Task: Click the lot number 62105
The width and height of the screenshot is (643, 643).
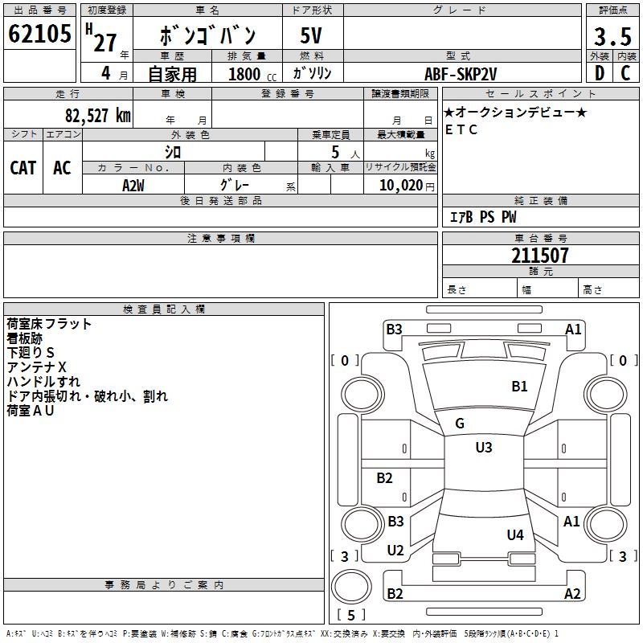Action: coord(39,35)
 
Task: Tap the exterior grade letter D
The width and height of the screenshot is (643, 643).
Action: coord(599,72)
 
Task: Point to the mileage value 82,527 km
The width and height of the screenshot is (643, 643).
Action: coord(97,116)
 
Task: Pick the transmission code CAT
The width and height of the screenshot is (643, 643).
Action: coord(23,168)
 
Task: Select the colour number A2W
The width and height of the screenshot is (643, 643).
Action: coord(133,185)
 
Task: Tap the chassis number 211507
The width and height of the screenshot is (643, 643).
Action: coord(540,256)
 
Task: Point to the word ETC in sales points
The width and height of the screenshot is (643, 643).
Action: coord(461,129)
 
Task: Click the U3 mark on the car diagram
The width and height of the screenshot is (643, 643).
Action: coord(483,448)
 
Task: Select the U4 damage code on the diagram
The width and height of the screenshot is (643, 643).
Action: coord(515,534)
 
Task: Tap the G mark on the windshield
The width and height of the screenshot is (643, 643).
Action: coord(460,424)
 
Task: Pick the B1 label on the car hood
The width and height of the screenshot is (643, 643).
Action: coord(519,386)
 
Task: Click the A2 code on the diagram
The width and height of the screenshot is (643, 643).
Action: coord(572,594)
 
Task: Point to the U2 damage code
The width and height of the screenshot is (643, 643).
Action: coord(395,551)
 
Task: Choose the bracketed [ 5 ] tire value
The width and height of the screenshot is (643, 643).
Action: coord(350,616)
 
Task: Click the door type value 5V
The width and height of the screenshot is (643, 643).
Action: coord(313,36)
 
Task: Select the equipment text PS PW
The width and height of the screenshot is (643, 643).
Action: coord(498,217)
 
